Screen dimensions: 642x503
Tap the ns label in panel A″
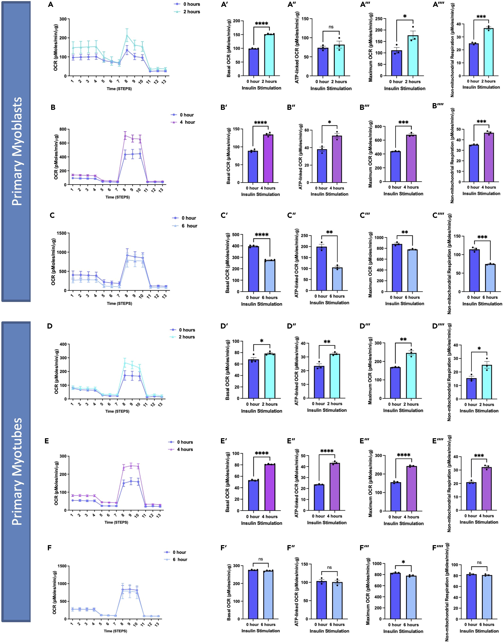(331, 27)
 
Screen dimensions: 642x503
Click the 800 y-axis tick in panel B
(62, 129)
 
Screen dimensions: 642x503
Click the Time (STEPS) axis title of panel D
(117, 411)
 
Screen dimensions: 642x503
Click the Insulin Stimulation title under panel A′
(261, 88)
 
